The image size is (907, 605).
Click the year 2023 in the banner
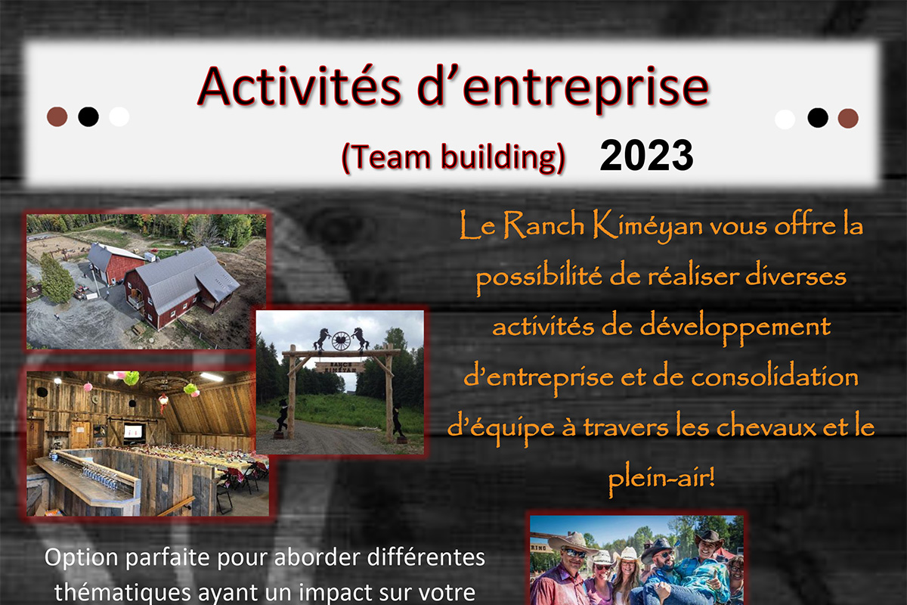pyautogui.click(x=647, y=155)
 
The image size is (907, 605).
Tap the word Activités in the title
pyautogui.click(x=299, y=87)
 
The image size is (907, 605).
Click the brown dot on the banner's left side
pyautogui.click(x=57, y=116)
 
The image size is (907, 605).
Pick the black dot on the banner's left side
pyautogui.click(x=88, y=116)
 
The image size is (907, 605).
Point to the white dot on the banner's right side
pyautogui.click(x=785, y=119)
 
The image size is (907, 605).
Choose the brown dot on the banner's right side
pyautogui.click(x=848, y=118)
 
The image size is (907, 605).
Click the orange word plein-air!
pyautogui.click(x=661, y=479)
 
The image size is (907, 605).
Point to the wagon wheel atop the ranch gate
pyautogui.click(x=341, y=341)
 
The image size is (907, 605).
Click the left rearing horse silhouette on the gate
pyautogui.click(x=321, y=339)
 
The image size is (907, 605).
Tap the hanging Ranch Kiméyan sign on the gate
pyautogui.click(x=340, y=367)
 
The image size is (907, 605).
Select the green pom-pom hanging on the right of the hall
pyautogui.click(x=191, y=389)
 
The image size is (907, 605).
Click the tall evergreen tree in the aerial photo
pyautogui.click(x=57, y=279)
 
